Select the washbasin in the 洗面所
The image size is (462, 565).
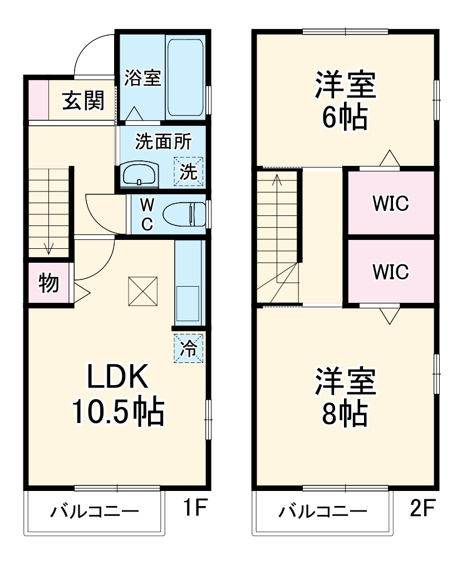(140, 174)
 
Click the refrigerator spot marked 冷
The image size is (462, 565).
(189, 348)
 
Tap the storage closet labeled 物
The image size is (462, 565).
(48, 283)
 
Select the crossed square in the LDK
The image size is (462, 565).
(143, 291)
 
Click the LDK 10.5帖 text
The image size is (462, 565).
(117, 395)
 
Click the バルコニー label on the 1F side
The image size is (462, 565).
(95, 511)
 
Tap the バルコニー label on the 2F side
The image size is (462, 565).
(323, 511)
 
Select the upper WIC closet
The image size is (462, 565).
(391, 204)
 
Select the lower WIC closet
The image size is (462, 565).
(391, 272)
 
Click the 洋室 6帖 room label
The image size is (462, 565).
(346, 100)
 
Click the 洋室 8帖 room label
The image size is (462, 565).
(346, 396)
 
